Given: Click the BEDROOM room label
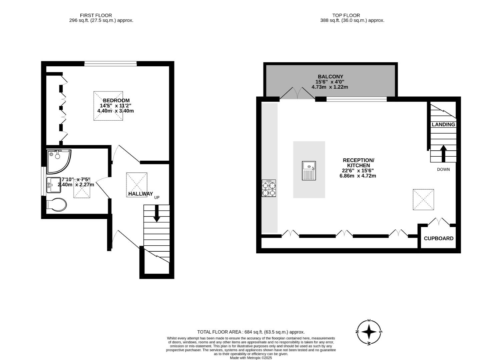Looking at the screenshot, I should tap(116, 100).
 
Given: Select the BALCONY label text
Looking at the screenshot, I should tap(330, 76).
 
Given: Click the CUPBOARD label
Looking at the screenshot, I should tap(438, 238).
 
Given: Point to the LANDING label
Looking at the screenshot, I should tap(443, 124).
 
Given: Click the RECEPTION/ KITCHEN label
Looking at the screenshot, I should tap(358, 163).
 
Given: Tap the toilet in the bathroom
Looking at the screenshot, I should tap(56, 205).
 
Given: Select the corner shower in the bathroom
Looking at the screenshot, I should tap(58, 161).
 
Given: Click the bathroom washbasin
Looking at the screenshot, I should tap(53, 185).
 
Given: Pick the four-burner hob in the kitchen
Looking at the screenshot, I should tap(269, 188).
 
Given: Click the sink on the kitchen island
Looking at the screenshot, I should tap(309, 171).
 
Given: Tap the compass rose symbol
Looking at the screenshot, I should tap(369, 332).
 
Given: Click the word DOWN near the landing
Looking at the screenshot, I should tap(443, 169).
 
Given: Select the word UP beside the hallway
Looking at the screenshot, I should tap(157, 197).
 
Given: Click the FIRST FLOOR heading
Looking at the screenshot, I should tap(96, 15).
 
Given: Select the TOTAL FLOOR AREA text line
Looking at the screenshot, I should tap(251, 332).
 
